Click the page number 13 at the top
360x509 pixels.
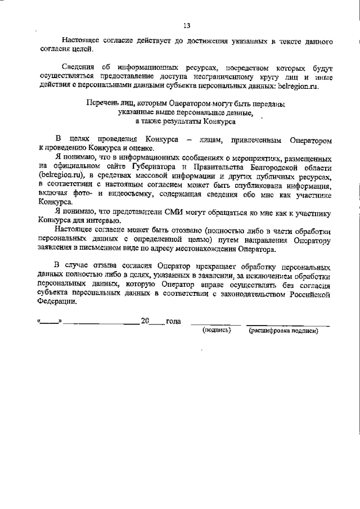pos(187,25)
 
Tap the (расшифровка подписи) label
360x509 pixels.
pos(283,331)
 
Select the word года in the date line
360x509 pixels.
pos(173,321)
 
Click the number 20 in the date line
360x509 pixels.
pos(145,321)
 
